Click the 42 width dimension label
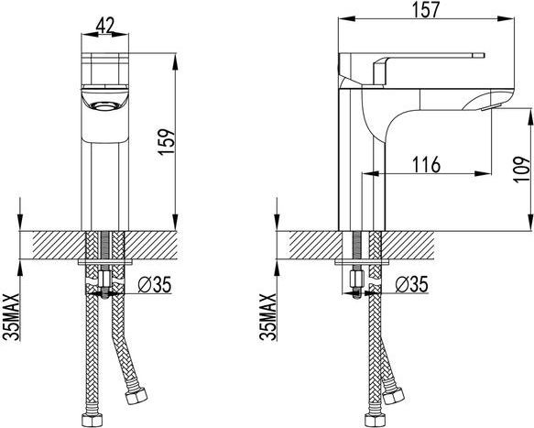pyautogui.click(x=105, y=26)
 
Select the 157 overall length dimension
pyautogui.click(x=426, y=9)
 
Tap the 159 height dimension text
pyautogui.click(x=167, y=142)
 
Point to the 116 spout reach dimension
pyautogui.click(x=427, y=165)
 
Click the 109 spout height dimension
pyautogui.click(x=521, y=170)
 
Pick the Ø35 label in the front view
pyautogui.click(x=154, y=284)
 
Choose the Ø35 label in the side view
pyautogui.click(x=411, y=284)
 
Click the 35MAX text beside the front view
pyautogui.click(x=12, y=317)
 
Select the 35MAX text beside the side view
pyautogui.click(x=268, y=317)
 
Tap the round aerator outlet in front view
pyautogui.click(x=104, y=106)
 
